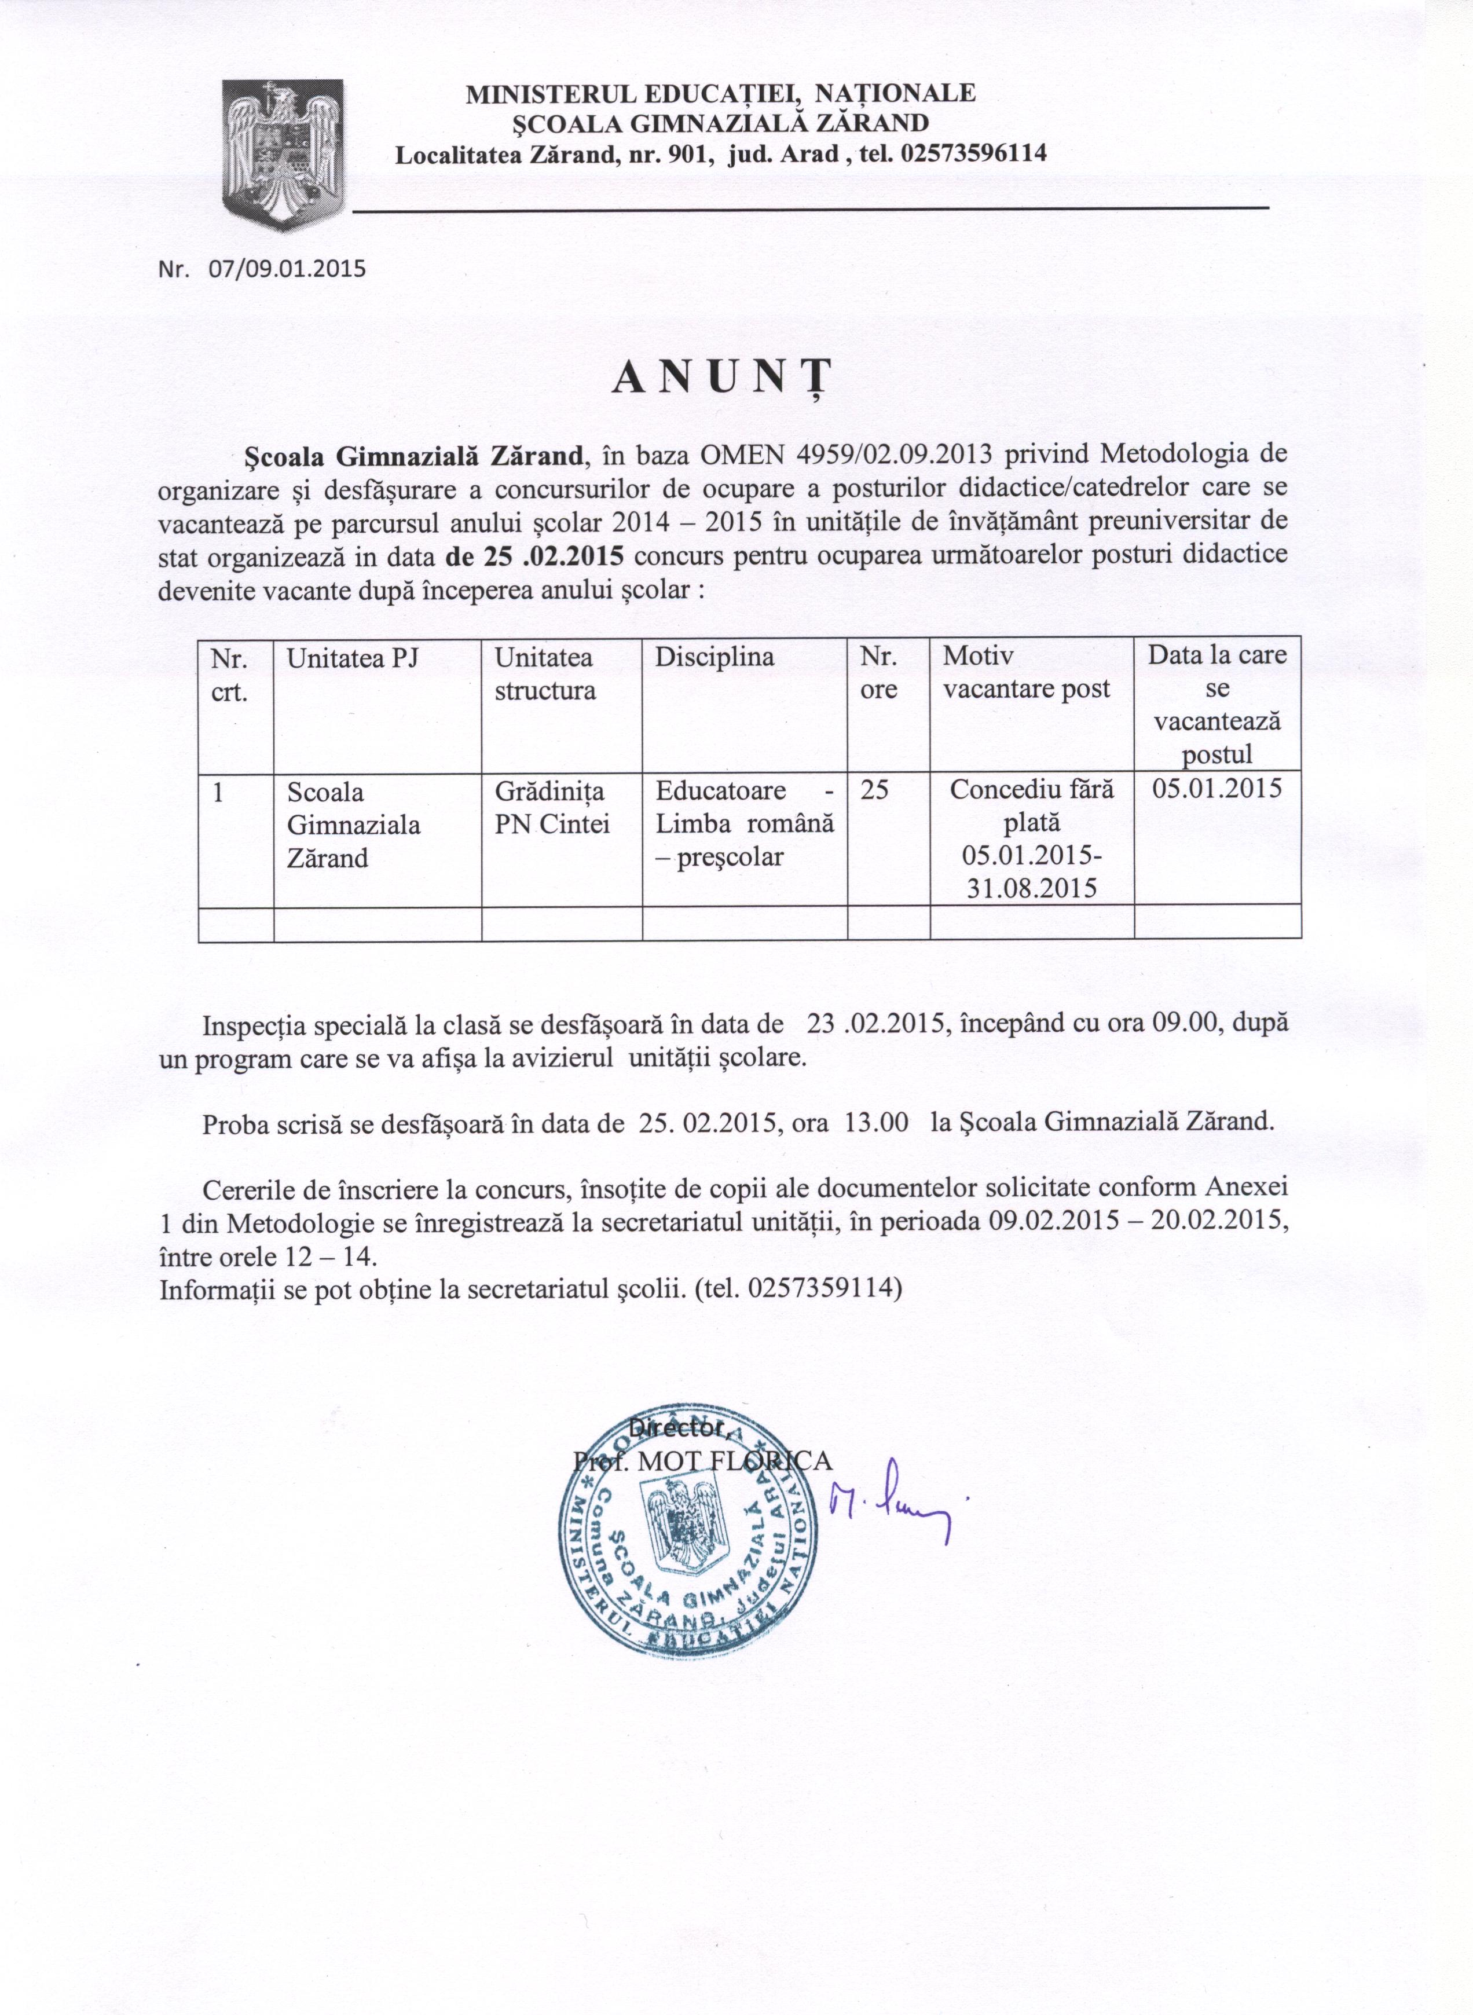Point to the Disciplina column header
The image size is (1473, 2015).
714,657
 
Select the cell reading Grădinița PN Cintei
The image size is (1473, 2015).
552,808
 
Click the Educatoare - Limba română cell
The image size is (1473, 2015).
745,824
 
